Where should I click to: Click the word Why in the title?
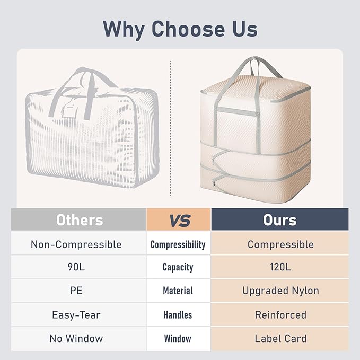coord(124,29)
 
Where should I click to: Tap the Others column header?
coord(78,219)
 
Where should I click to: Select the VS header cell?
coord(179,219)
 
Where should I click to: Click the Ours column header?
coord(280,219)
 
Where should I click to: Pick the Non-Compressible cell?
coord(78,243)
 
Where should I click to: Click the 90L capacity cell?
coord(78,267)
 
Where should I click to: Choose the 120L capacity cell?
coord(280,267)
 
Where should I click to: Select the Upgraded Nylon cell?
coord(280,291)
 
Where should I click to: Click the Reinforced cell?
coord(280,315)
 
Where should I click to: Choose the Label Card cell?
coord(280,339)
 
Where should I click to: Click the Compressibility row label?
coord(178,244)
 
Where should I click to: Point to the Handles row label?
coord(178,315)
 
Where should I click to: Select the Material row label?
coord(178,291)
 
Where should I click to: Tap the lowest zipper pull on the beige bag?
coord(214,183)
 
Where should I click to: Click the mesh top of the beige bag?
coord(255,87)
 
